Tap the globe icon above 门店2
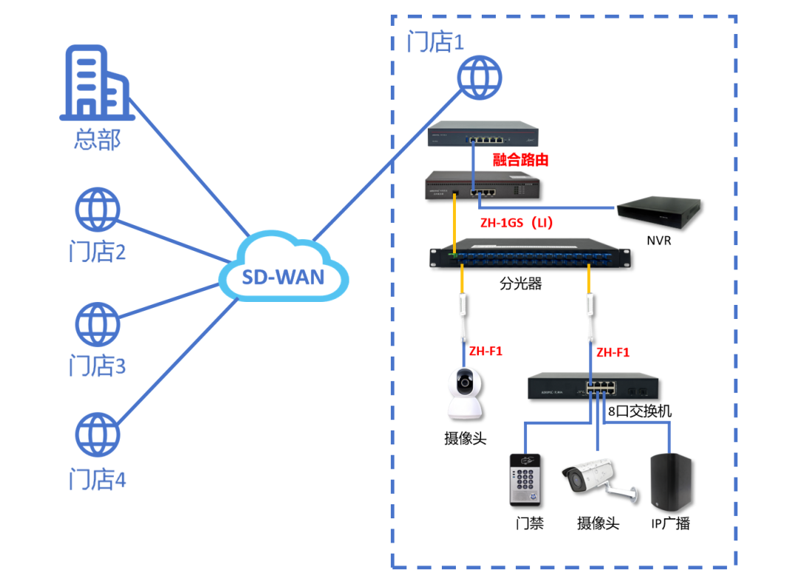[x=97, y=210]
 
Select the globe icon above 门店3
[x=97, y=324]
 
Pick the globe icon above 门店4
[x=97, y=436]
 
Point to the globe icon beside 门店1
[x=479, y=76]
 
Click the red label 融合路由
[x=520, y=159]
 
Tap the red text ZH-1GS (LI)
[x=516, y=221]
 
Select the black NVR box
[x=660, y=210]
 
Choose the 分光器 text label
[x=520, y=284]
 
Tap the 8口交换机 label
[x=640, y=411]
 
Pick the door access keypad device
[x=525, y=479]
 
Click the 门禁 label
[x=529, y=523]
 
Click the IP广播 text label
[x=670, y=523]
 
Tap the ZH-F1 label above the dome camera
[x=485, y=351]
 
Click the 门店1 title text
[x=435, y=42]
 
